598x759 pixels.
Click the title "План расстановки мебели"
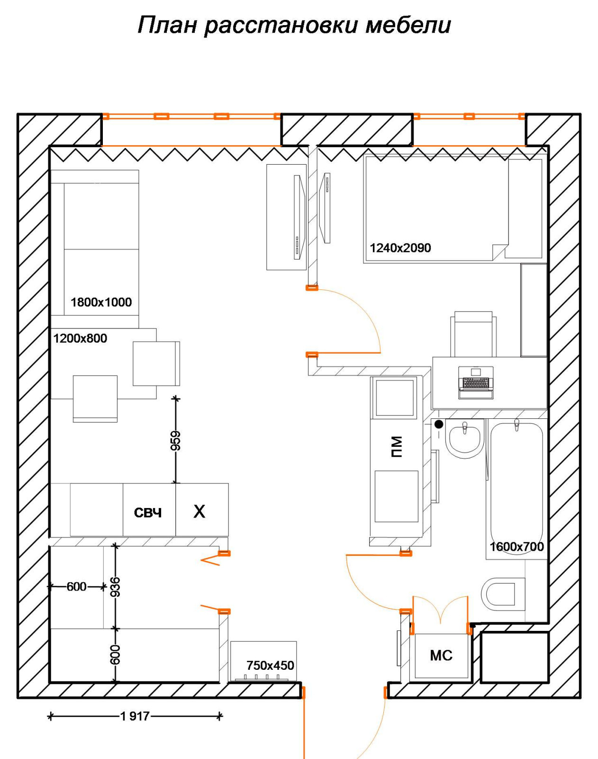(294, 25)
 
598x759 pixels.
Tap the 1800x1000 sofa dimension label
(101, 302)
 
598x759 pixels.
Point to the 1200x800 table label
(80, 338)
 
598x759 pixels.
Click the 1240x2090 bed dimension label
(400, 248)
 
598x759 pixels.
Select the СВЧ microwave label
(148, 513)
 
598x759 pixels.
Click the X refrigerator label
(199, 511)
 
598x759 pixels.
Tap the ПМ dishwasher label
(397, 446)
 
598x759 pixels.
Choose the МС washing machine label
(441, 656)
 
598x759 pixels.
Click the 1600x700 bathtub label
(516, 546)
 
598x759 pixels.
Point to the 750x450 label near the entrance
(270, 666)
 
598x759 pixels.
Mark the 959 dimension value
(176, 441)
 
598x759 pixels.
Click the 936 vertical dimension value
(115, 587)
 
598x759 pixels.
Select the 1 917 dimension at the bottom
(135, 716)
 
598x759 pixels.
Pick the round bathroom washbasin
(464, 440)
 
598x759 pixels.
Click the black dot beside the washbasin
(439, 424)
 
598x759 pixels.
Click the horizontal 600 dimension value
(76, 587)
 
